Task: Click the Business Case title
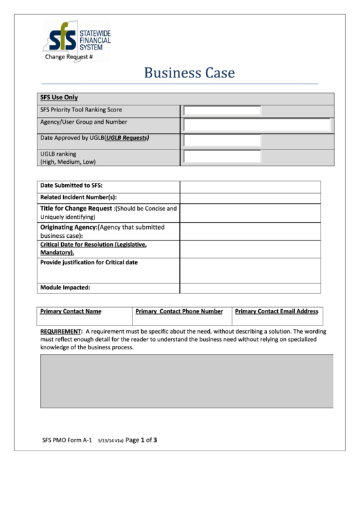189,73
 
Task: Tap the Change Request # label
69,57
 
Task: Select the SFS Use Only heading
59,98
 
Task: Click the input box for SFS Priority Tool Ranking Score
222,111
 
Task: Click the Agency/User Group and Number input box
257,124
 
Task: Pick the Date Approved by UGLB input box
222,140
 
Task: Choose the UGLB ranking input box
222,157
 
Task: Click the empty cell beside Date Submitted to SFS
250,186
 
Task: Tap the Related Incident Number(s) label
78,197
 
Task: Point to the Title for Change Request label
76,209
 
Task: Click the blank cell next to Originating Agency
250,231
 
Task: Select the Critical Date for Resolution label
93,247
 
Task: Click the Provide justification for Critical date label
89,262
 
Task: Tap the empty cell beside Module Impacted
250,287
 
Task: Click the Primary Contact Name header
71,311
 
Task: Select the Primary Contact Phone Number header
179,311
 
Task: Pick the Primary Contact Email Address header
276,311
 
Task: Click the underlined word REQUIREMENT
60,332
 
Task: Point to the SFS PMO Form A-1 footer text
67,440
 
